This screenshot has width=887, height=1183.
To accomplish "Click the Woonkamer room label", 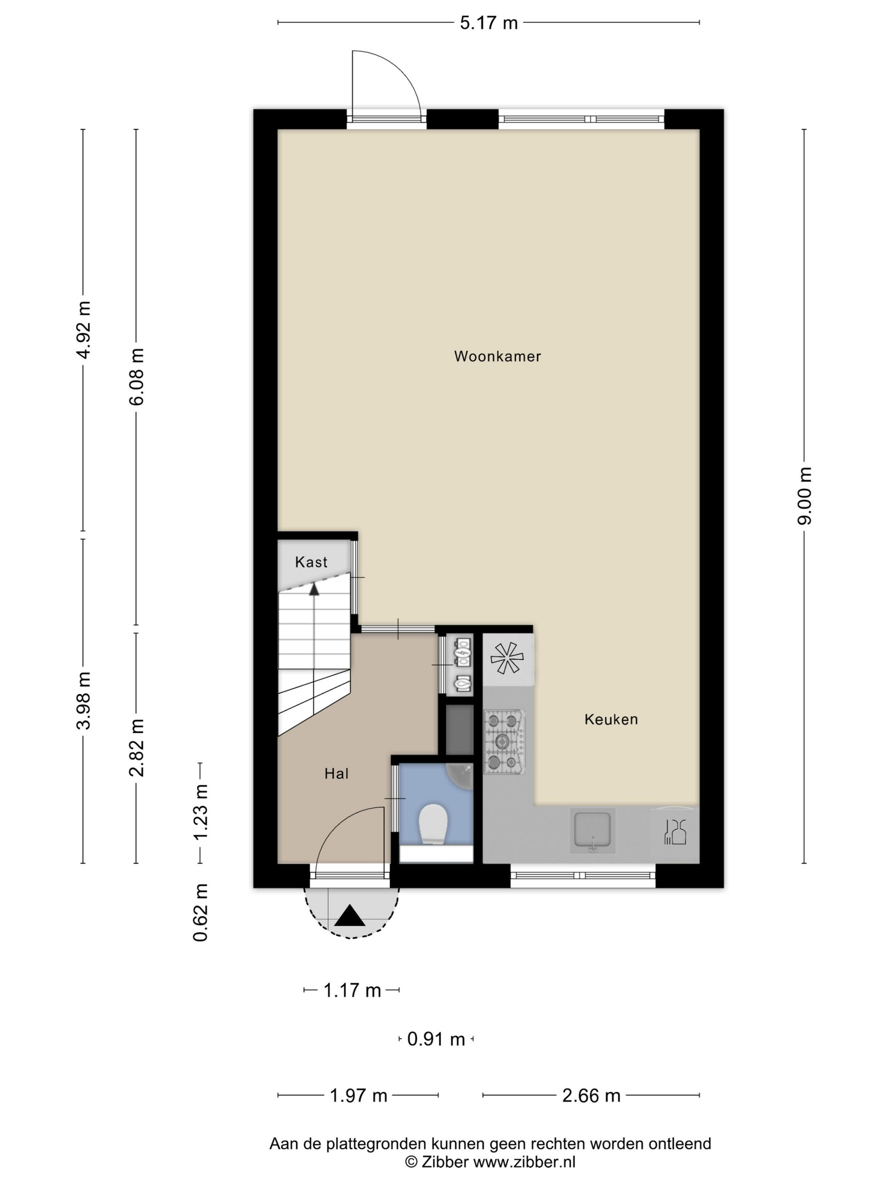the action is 497,356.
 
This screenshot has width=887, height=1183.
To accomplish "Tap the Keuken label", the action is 611,720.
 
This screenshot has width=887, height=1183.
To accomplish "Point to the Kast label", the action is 311,562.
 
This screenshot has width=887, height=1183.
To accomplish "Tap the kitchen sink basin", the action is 593,830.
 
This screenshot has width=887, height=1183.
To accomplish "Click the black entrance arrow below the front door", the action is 350,915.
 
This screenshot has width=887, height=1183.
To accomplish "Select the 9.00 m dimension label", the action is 805,496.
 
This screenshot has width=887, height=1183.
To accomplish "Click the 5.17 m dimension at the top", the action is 489,23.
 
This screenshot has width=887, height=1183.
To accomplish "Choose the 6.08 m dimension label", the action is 136,376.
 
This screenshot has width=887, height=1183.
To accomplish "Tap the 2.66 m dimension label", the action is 591,1096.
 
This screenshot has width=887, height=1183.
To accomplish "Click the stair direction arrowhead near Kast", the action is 314,589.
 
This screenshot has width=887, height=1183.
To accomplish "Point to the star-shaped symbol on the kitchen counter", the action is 507,658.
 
